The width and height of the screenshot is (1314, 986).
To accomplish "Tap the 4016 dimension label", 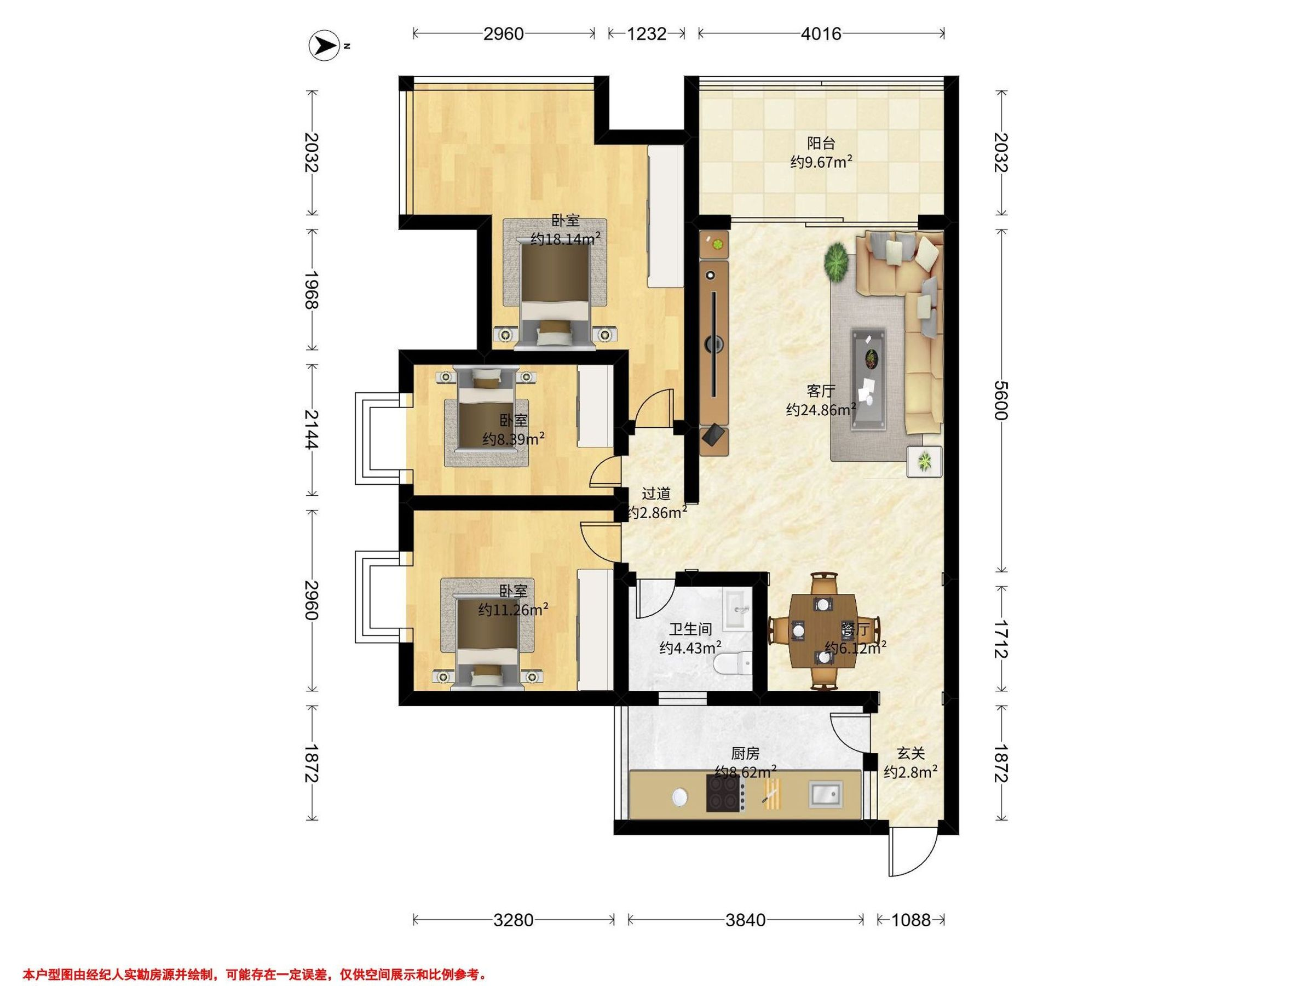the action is [x=821, y=34].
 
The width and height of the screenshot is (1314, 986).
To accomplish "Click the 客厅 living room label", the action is [x=821, y=391].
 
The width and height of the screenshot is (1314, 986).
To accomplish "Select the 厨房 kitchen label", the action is [x=745, y=754].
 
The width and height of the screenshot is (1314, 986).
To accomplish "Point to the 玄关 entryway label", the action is [x=910, y=754].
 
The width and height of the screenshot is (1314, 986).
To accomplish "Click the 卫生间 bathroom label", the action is [x=690, y=629].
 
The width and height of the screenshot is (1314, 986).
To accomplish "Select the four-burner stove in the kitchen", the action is [x=725, y=794].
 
